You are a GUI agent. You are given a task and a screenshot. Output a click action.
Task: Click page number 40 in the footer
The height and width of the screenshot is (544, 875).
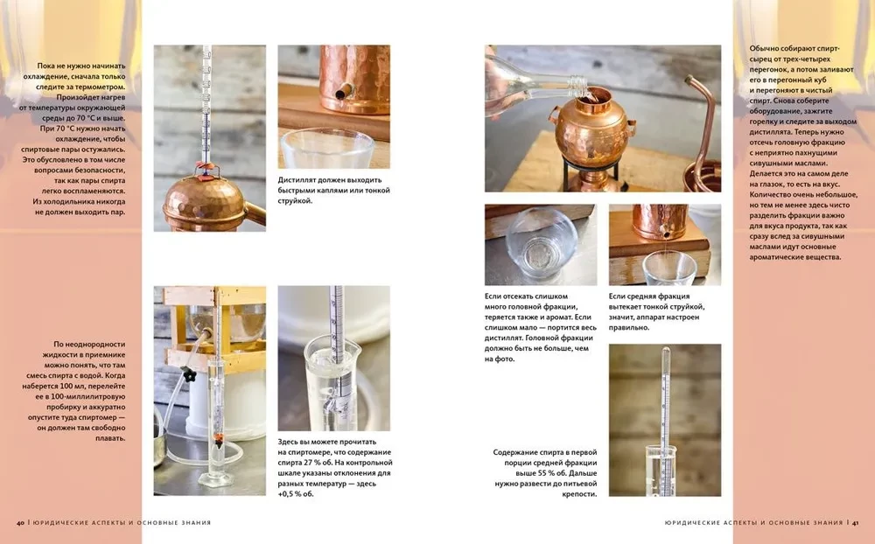20,523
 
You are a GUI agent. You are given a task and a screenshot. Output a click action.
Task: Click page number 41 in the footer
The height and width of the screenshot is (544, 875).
854,523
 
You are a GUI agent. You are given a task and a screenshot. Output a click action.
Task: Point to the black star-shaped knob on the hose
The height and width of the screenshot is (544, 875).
190,374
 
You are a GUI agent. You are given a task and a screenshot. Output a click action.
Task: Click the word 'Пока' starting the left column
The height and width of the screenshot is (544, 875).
46,66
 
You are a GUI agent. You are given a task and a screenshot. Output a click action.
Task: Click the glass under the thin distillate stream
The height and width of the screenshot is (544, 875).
668,269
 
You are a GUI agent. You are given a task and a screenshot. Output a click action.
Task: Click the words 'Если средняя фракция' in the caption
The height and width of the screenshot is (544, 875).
649,296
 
